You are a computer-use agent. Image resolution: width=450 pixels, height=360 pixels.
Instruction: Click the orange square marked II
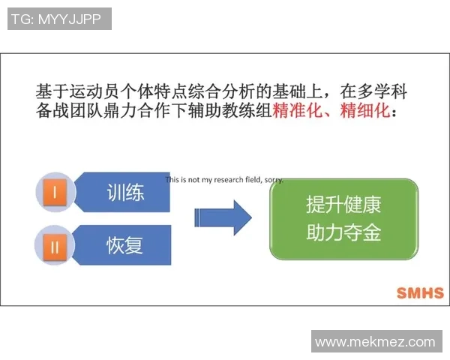click(x=55, y=244)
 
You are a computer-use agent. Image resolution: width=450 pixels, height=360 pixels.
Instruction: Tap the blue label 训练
click(x=124, y=193)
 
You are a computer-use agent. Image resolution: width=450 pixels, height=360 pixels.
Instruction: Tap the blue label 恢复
click(x=124, y=244)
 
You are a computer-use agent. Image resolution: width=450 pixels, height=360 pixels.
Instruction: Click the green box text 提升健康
click(x=344, y=205)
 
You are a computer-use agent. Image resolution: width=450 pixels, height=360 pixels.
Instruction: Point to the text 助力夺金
click(x=344, y=232)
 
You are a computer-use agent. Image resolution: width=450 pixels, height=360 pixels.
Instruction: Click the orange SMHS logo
click(x=419, y=292)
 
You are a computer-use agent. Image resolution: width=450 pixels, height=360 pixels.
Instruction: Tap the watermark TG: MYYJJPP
click(x=58, y=19)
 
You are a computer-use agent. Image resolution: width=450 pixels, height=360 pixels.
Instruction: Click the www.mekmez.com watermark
click(x=375, y=342)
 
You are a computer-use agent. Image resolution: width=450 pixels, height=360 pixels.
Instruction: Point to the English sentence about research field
click(x=224, y=180)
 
